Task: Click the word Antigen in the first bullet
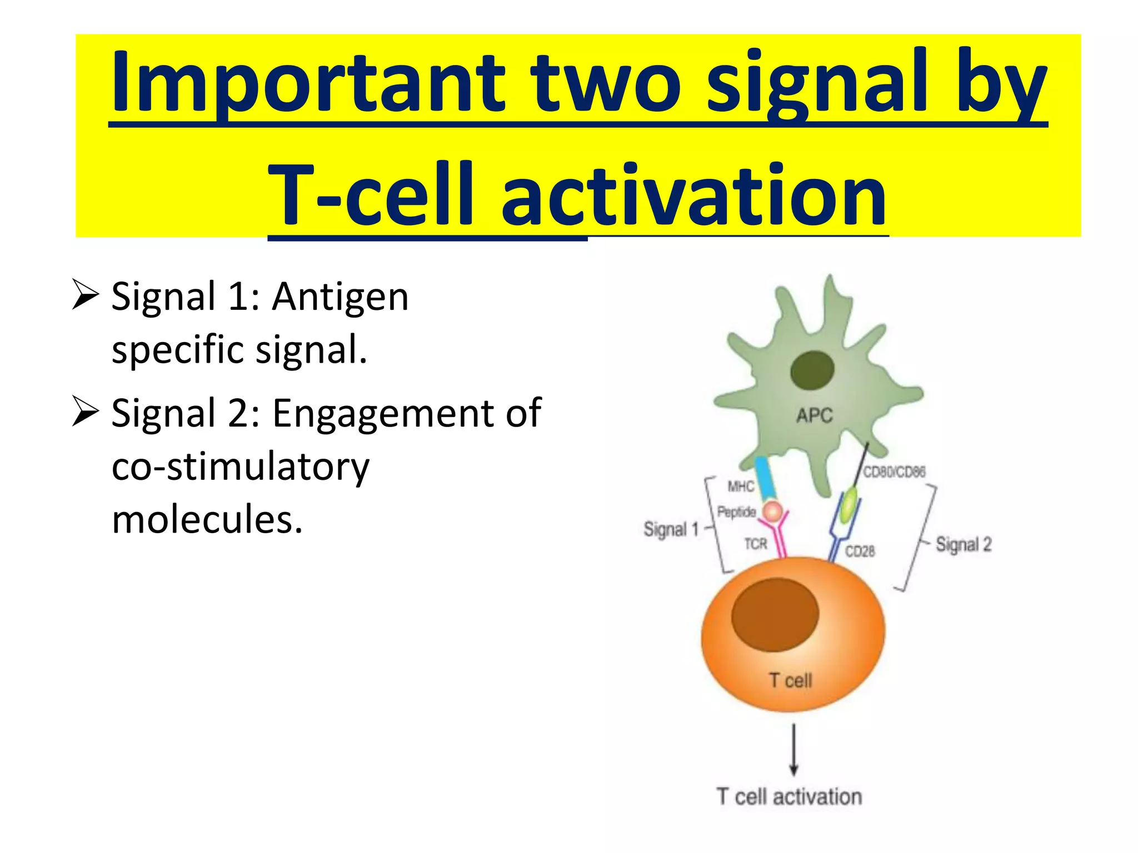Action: pos(340,297)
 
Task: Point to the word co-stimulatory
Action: pos(240,467)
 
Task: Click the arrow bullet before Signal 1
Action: pos(86,295)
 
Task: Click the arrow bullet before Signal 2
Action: pos(86,412)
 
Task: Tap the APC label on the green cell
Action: pos(814,415)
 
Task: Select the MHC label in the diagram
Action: pos(741,487)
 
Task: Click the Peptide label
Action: pos(736,511)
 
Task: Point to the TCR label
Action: pos(756,544)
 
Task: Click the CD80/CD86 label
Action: pos(894,472)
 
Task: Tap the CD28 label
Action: pos(860,551)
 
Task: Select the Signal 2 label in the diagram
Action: pos(963,544)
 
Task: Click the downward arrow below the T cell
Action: pos(793,750)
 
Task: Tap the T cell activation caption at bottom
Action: pos(789,797)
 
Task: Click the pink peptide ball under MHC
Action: pos(772,511)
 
